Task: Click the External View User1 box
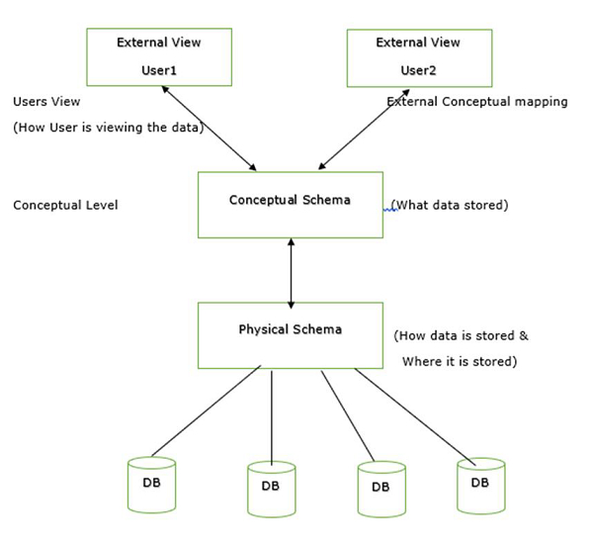[159, 56]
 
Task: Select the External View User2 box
[418, 56]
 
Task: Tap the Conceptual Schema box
[291, 205]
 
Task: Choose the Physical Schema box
[291, 334]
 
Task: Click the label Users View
[47, 102]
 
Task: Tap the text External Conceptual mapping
[477, 102]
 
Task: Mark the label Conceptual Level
[65, 205]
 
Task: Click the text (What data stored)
[450, 205]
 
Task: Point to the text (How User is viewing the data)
[108, 128]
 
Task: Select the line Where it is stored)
[459, 361]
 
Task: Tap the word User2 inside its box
[418, 71]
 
